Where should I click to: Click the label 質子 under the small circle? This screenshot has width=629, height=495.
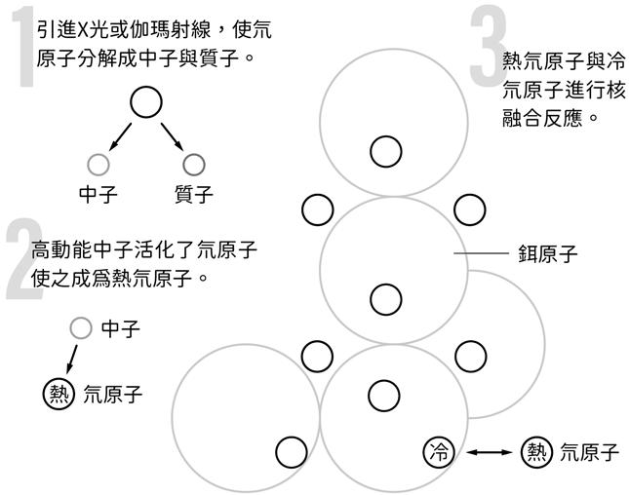[193, 194]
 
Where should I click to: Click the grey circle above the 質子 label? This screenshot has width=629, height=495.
[194, 164]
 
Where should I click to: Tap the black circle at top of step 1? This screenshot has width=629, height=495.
[145, 102]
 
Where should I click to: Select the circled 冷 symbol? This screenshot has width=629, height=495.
[440, 451]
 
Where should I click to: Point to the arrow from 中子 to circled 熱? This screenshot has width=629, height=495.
[75, 355]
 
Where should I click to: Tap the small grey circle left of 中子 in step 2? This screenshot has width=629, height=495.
[81, 328]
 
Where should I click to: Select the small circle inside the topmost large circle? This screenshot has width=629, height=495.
[385, 151]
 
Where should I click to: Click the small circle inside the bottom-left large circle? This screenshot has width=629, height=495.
[292, 452]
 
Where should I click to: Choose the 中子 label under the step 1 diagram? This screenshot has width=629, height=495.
[98, 194]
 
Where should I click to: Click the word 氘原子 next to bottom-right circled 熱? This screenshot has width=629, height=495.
[590, 452]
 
